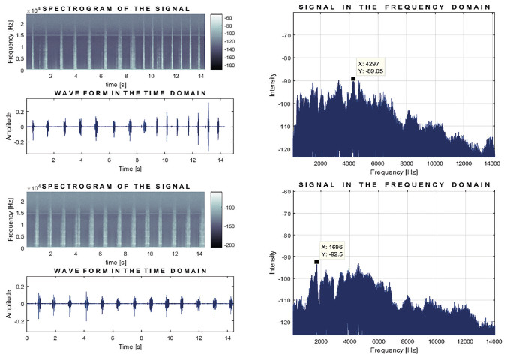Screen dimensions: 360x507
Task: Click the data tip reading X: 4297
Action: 373,67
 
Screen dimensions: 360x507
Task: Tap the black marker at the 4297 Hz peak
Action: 352,78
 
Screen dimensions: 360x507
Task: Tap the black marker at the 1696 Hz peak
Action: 316,261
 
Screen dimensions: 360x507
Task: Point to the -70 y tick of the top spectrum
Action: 284,34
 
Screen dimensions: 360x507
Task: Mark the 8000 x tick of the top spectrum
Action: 407,163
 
